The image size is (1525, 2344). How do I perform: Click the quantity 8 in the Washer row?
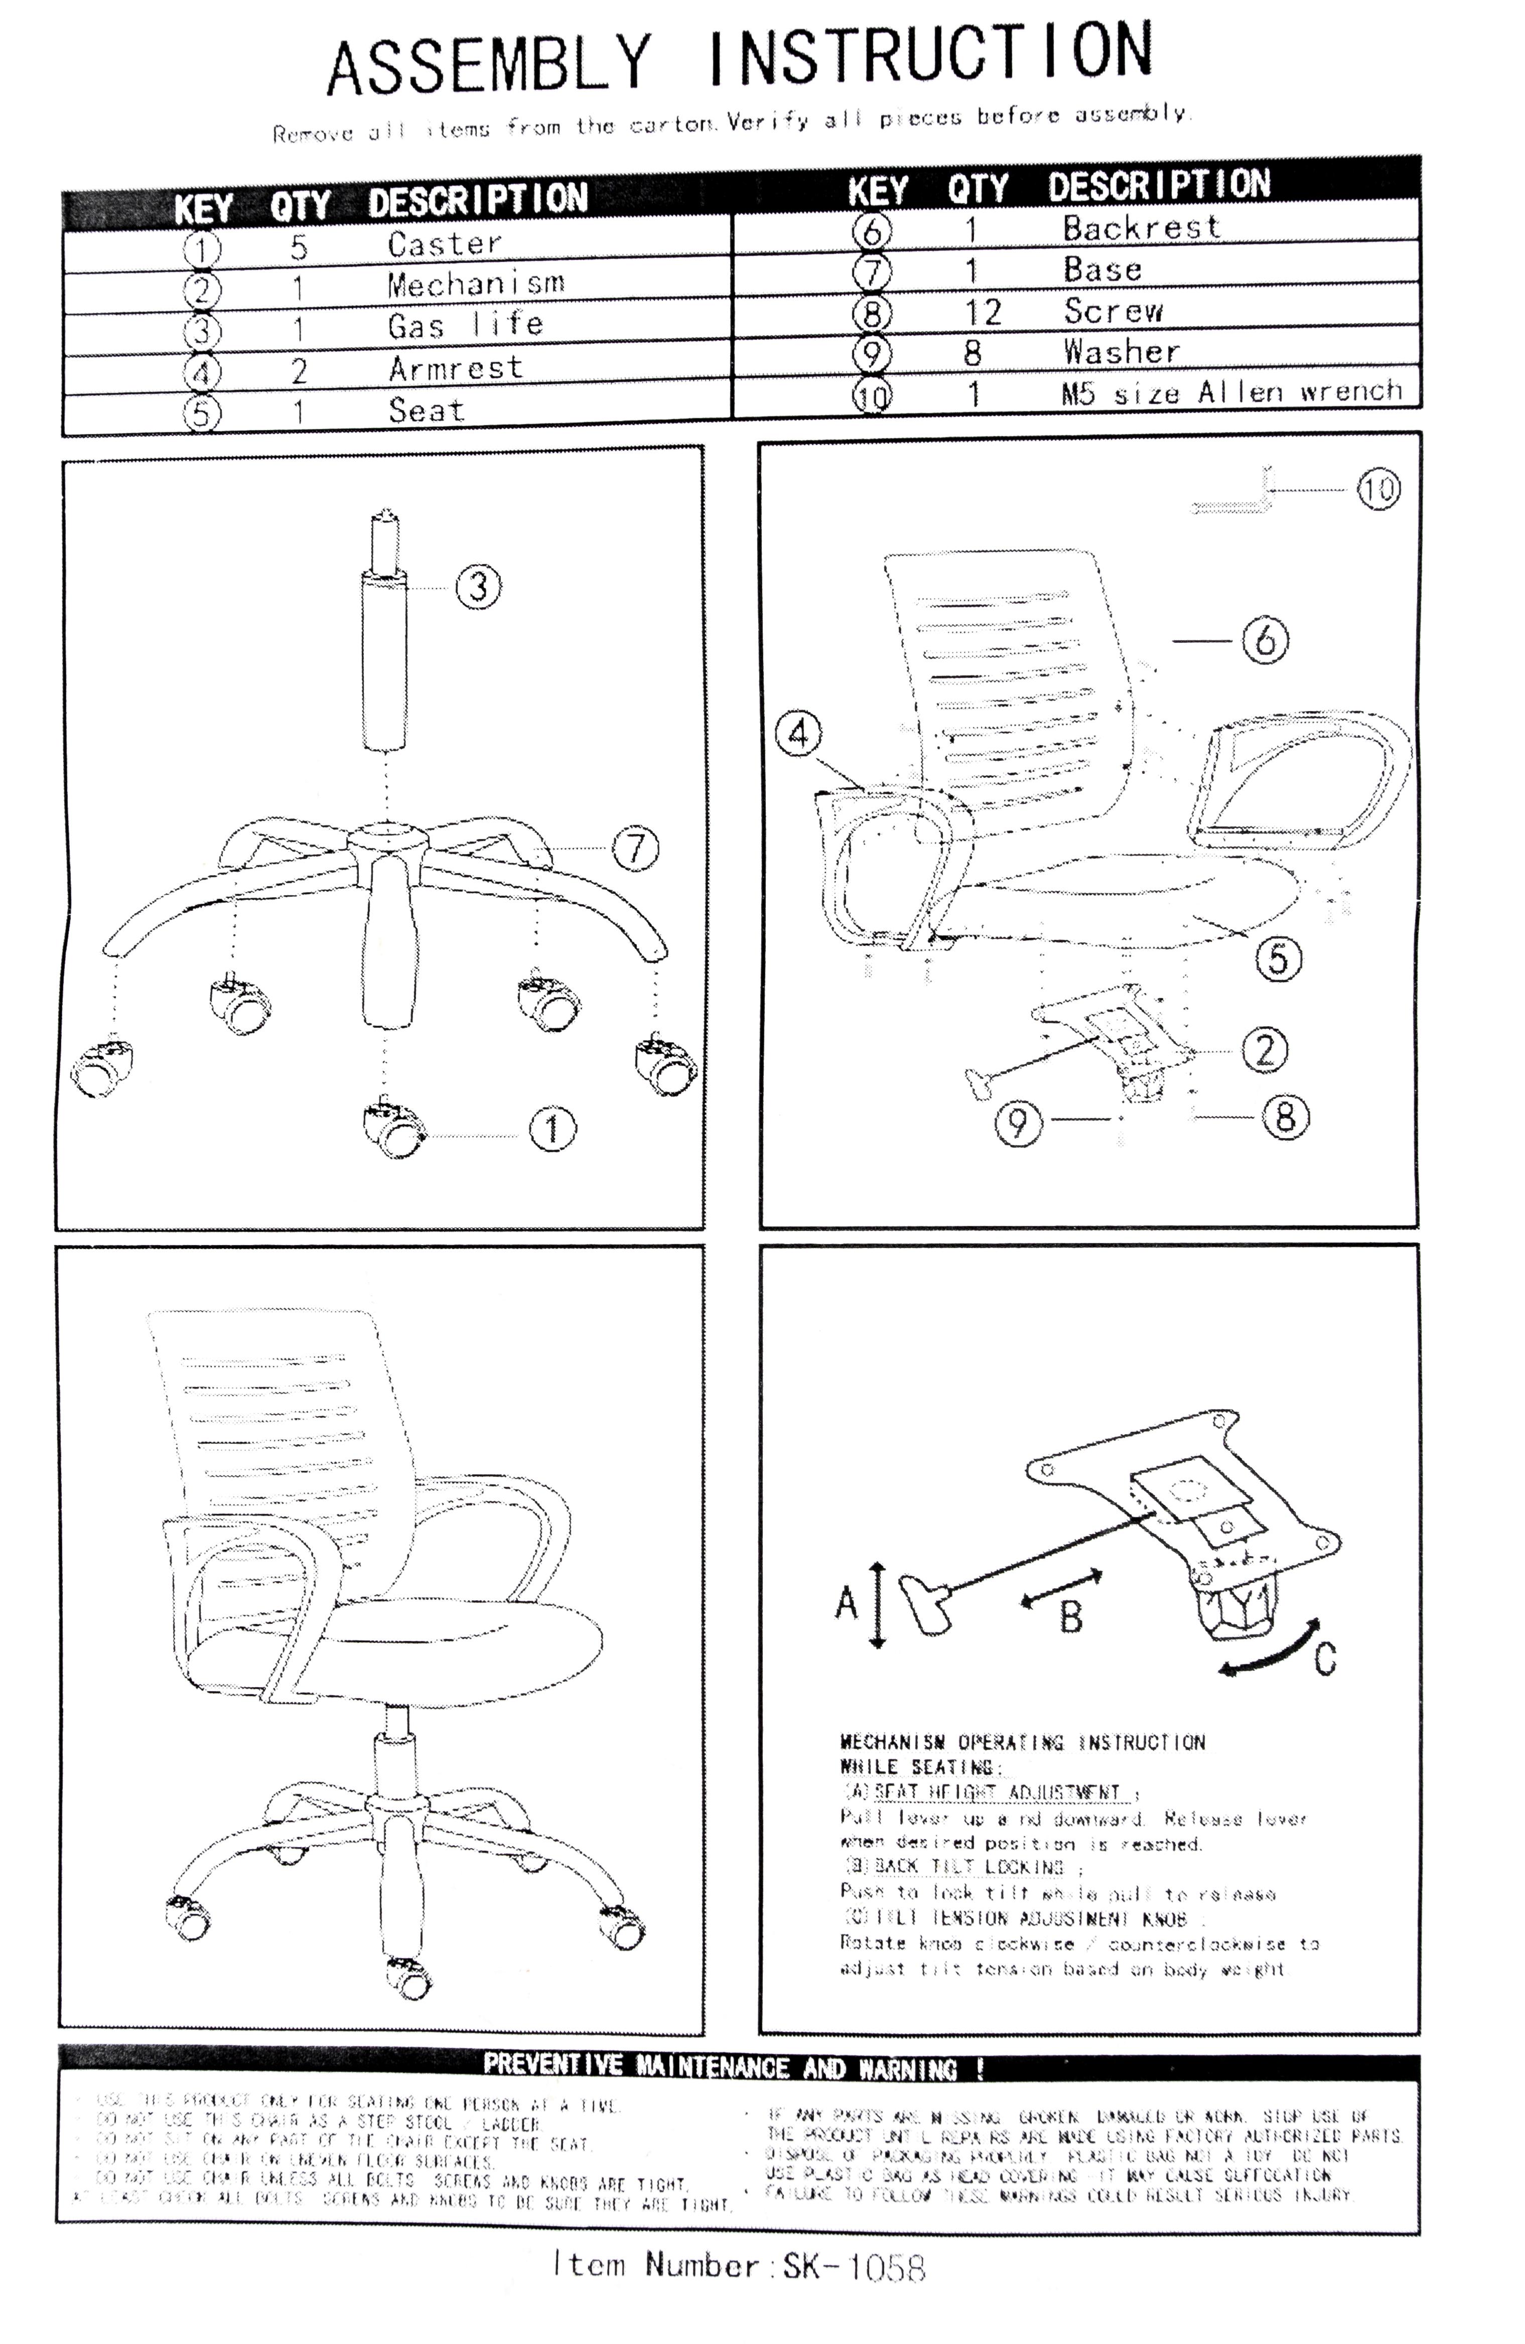[973, 353]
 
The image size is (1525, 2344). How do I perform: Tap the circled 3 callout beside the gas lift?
[478, 586]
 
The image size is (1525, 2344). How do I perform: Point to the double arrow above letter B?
[1061, 1588]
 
